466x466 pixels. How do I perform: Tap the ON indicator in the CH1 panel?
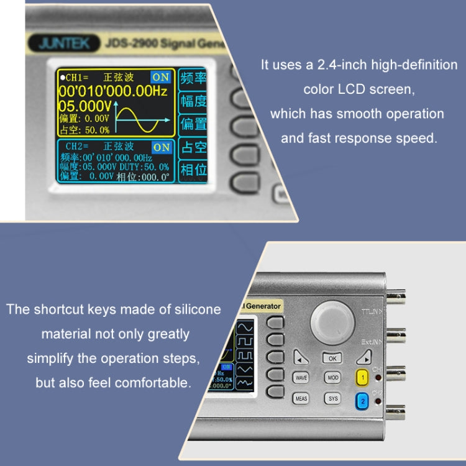(160, 77)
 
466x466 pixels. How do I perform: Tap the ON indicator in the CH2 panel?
(162, 147)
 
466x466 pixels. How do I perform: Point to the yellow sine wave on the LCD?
(144, 118)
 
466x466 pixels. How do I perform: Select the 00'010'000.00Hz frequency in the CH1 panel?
(114, 91)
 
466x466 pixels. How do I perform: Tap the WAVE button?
(301, 378)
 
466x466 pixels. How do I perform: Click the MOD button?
(333, 378)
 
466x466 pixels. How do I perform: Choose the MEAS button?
(301, 398)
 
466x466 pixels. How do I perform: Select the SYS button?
(333, 398)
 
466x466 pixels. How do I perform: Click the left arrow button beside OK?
(301, 359)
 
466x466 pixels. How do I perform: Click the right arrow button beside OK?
(365, 357)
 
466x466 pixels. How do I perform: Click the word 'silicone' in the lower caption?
(193, 309)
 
